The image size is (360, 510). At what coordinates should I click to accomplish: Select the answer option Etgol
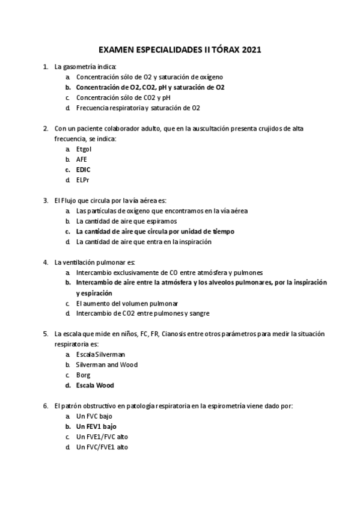[x=84, y=149]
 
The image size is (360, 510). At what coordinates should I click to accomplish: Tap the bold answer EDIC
[x=84, y=170]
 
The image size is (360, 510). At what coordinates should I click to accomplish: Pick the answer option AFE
[x=82, y=159]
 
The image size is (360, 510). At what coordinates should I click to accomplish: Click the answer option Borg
[x=83, y=375]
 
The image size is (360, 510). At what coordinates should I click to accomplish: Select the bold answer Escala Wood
[x=95, y=385]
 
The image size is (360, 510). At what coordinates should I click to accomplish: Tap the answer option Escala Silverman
[x=100, y=354]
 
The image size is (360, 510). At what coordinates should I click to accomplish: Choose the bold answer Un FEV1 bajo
[x=96, y=426]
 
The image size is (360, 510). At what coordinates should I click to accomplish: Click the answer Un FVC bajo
[x=94, y=416]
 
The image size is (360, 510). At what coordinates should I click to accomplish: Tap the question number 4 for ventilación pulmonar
[x=46, y=262]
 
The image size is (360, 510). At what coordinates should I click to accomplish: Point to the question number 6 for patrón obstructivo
[x=46, y=406]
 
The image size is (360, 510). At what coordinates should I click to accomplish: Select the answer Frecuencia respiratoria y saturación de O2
[x=138, y=108]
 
